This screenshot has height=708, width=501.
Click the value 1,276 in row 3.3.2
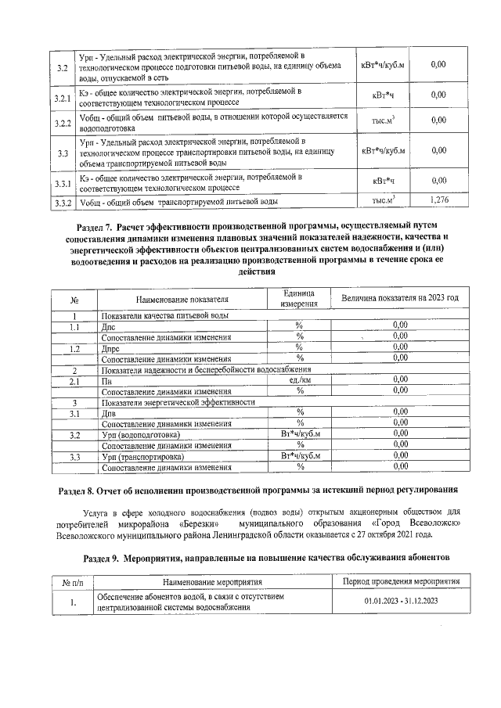pos(439,201)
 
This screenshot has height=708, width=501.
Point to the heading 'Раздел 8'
pos(258,491)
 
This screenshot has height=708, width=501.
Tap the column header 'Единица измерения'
pos(299,297)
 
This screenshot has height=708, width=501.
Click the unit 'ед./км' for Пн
pos(299,379)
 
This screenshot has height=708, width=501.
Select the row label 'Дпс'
pos(110,326)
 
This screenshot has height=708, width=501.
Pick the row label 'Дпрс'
pos(111,347)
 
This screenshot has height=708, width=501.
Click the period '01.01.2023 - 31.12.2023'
pos(400,602)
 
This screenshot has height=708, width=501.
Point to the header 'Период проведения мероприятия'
pos(400,581)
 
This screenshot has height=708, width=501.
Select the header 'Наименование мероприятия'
pos(212,581)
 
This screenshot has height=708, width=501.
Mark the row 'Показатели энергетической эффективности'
pos(178,401)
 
